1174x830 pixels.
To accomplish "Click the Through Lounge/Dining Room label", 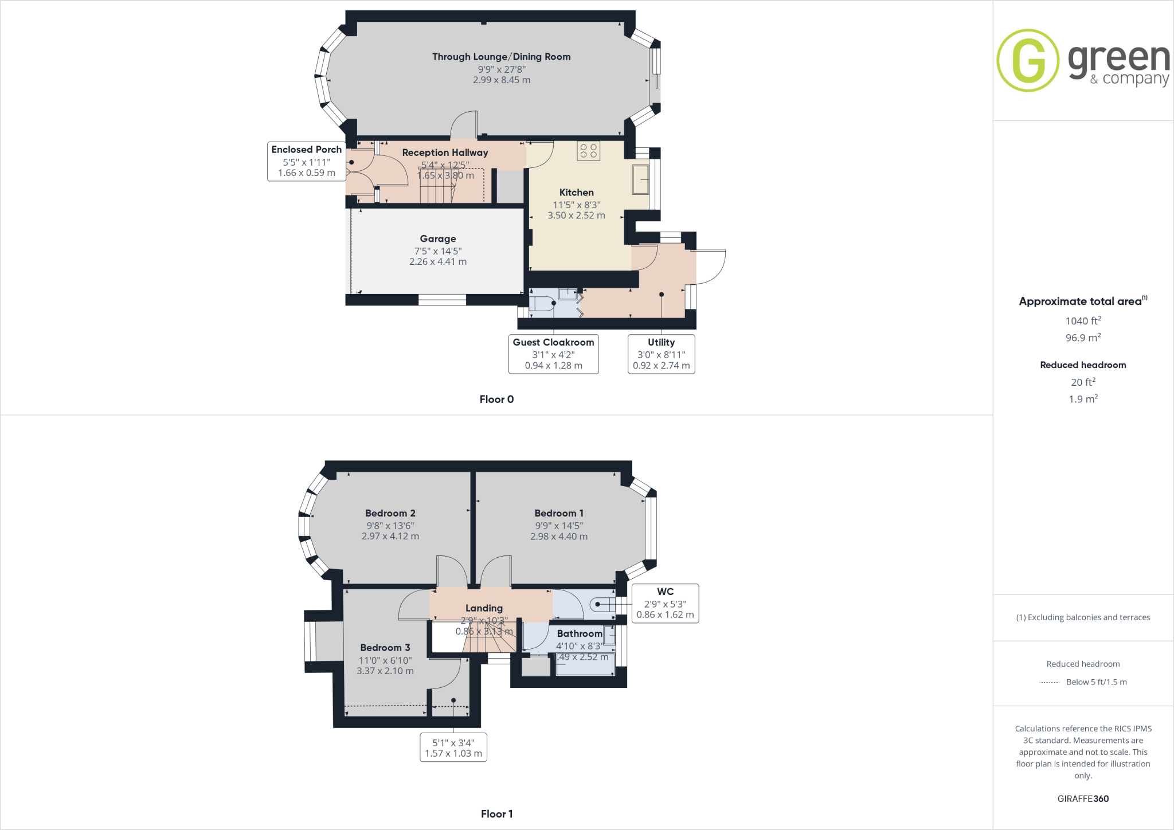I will click(x=501, y=57).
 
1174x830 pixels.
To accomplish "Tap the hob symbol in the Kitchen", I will click(x=588, y=151).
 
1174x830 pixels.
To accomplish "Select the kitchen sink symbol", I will click(x=640, y=179).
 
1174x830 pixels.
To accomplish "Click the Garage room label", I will click(x=438, y=238).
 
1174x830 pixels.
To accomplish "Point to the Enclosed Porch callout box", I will click(x=306, y=161).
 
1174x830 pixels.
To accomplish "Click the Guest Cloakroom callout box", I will click(x=553, y=354).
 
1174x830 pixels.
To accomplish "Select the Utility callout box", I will click(x=661, y=354).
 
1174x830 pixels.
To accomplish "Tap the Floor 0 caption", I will click(x=496, y=399).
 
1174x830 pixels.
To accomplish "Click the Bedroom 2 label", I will click(x=390, y=513).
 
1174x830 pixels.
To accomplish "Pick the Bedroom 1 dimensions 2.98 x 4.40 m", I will click(x=558, y=537).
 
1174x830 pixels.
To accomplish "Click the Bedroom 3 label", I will click(x=385, y=648).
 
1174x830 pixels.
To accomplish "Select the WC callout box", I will click(x=665, y=603).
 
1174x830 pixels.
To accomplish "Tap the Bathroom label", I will click(x=579, y=633).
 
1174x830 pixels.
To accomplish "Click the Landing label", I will click(x=484, y=608).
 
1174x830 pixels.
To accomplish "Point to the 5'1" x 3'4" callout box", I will click(x=453, y=747).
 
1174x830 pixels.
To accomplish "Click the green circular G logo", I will click(x=1028, y=60).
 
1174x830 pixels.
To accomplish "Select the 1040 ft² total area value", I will click(x=1083, y=321).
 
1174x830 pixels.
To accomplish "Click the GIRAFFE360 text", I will click(x=1083, y=798).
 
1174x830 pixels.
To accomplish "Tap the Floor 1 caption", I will click(x=496, y=814).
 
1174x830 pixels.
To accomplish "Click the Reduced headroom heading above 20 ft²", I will click(x=1083, y=365).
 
